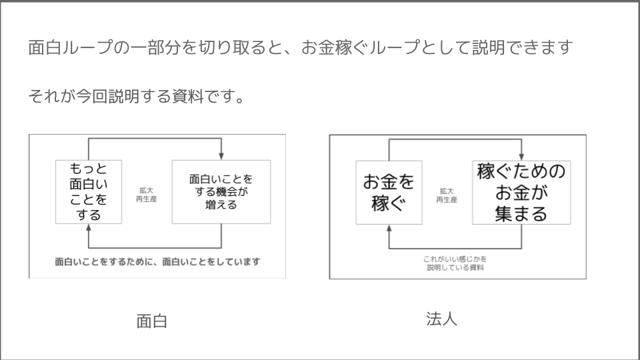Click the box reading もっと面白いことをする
pyautogui.click(x=88, y=191)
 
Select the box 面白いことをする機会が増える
pyautogui.click(x=221, y=192)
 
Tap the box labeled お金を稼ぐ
pyautogui.click(x=388, y=191)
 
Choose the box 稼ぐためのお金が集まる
pyautogui.click(x=522, y=192)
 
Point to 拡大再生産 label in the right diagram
pyautogui.click(x=447, y=195)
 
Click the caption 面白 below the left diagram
pyautogui.click(x=151, y=321)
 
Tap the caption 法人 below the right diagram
pyautogui.click(x=441, y=319)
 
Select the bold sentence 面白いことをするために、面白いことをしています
pyautogui.click(x=157, y=261)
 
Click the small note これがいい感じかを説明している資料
pyautogui.click(x=455, y=263)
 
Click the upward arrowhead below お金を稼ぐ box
pyautogui.click(x=389, y=227)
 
